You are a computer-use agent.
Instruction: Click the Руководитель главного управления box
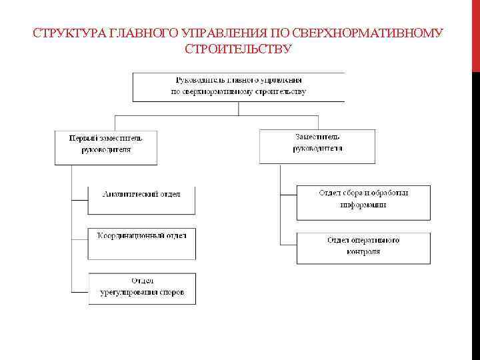pos(238,87)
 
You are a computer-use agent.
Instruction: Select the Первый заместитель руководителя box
pos(106,147)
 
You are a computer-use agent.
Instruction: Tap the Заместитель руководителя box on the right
pos(317,145)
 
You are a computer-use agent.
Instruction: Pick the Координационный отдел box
pos(142,243)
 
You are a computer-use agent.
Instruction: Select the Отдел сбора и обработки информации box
pos(363,203)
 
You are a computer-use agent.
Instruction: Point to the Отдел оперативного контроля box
pos(363,247)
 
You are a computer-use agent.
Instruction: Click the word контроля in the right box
pos(363,252)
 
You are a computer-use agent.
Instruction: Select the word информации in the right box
pos(363,205)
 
